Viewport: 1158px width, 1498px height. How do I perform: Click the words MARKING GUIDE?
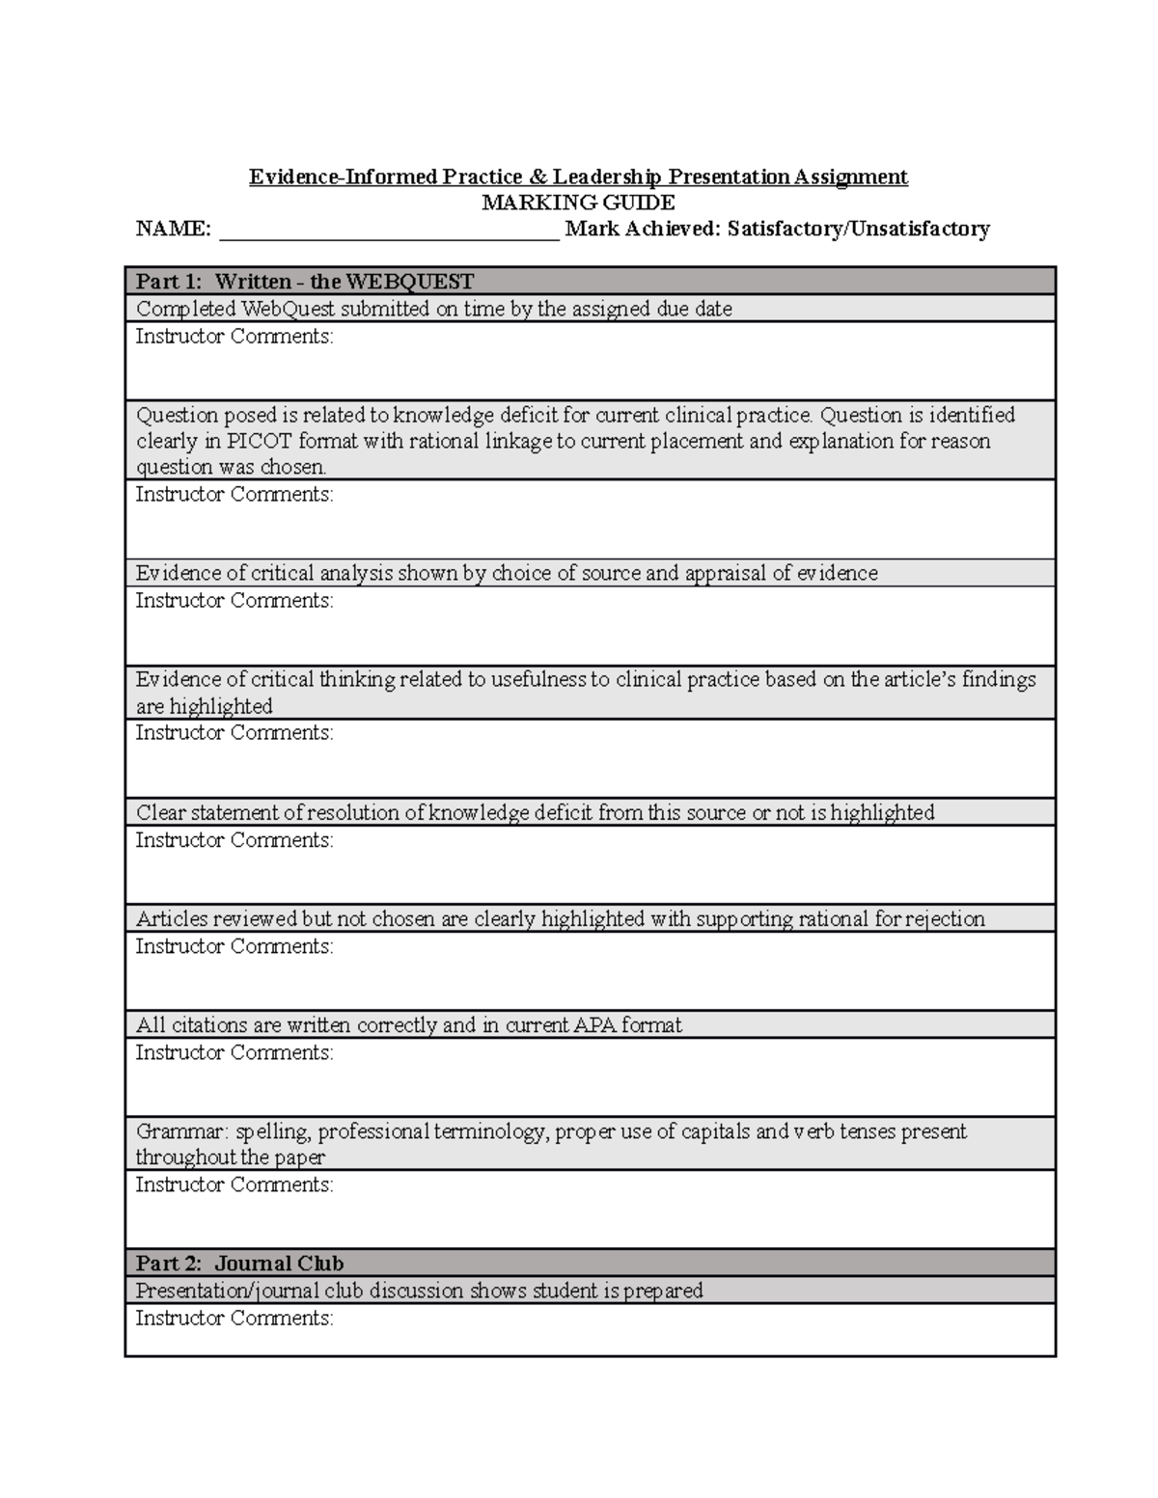(578, 203)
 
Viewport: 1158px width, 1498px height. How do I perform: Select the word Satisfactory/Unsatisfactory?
(858, 229)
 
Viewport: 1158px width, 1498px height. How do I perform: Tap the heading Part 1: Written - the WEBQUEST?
(305, 282)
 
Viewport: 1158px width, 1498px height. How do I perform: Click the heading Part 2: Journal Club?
(239, 1264)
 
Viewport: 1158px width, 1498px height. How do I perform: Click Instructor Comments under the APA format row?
(234, 1052)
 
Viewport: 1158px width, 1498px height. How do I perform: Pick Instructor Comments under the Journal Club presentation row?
(234, 1319)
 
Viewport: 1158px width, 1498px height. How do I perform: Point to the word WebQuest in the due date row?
(287, 310)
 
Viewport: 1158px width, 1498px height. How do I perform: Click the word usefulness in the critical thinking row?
(538, 680)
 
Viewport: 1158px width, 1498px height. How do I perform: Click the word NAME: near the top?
(173, 229)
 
